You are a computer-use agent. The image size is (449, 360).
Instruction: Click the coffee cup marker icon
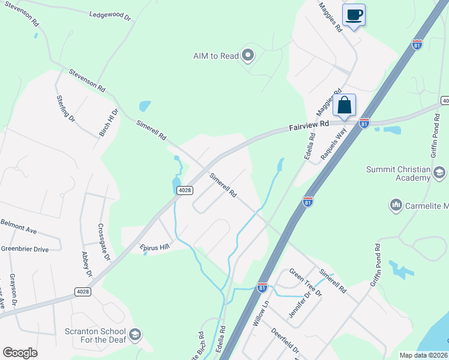tap(354, 14)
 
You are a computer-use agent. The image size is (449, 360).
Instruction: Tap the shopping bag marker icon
tap(345, 105)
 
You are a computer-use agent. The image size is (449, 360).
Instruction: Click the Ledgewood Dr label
tap(110, 15)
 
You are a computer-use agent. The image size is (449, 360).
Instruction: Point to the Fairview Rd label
tap(310, 125)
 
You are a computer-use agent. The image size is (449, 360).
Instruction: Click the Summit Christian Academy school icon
tap(439, 173)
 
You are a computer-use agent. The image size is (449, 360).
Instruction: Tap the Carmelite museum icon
tap(396, 206)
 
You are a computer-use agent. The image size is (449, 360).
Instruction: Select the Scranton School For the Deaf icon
tap(135, 334)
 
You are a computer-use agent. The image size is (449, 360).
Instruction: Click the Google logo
tap(20, 353)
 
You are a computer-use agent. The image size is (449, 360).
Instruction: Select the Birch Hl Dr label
tap(109, 122)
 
